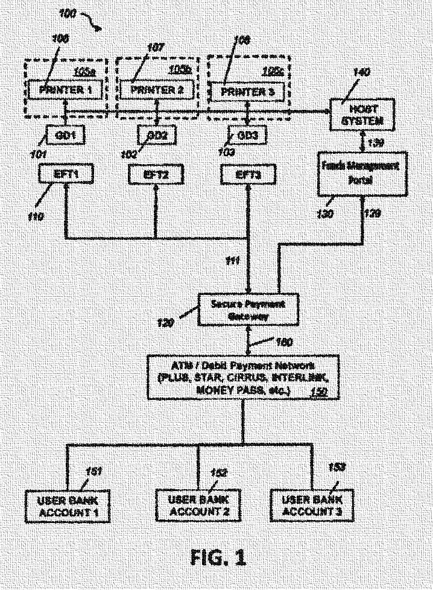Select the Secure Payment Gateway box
(x=247, y=310)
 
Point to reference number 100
(x=69, y=13)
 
